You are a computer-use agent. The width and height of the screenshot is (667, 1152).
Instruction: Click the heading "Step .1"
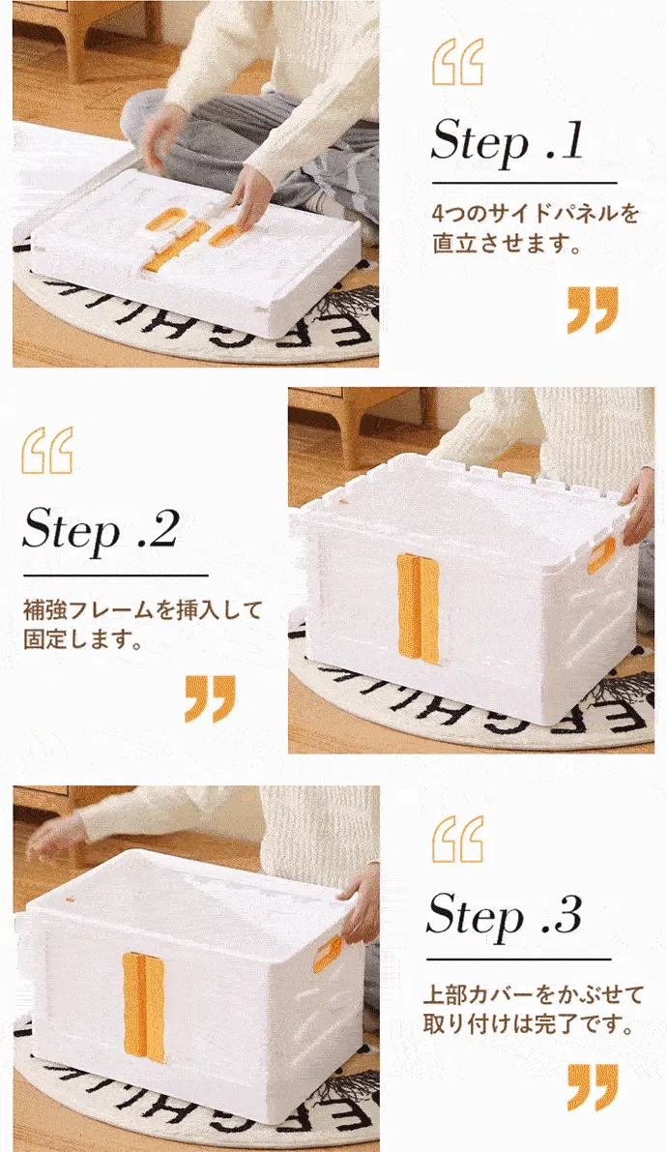click(x=507, y=140)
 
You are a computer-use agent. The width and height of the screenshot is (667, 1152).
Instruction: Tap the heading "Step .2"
click(x=100, y=530)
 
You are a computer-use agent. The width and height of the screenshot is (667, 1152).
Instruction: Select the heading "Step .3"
click(x=504, y=915)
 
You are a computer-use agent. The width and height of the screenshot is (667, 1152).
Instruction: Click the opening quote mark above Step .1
click(x=457, y=62)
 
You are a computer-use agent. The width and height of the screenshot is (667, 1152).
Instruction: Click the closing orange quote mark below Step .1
click(x=592, y=310)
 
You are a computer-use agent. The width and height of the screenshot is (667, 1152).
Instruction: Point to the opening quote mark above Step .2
click(x=47, y=450)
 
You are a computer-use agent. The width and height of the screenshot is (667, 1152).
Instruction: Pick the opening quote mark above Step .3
click(x=457, y=839)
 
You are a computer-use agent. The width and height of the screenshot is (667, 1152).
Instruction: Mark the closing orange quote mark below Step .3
click(x=592, y=1087)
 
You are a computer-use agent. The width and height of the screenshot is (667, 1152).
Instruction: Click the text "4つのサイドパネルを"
click(x=536, y=215)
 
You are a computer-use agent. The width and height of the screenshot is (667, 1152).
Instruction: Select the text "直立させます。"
click(x=507, y=243)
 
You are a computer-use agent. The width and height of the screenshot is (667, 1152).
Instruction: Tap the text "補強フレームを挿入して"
click(x=142, y=609)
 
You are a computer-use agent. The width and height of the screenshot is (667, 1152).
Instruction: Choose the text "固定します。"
click(x=84, y=638)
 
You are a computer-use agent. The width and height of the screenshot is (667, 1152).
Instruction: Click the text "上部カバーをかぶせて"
click(x=534, y=995)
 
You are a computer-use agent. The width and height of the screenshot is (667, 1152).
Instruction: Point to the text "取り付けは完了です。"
click(x=529, y=1023)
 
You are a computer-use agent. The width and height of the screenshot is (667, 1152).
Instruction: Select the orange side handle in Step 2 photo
click(x=601, y=554)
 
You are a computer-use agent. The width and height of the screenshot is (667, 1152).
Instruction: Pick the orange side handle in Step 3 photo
click(x=328, y=954)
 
